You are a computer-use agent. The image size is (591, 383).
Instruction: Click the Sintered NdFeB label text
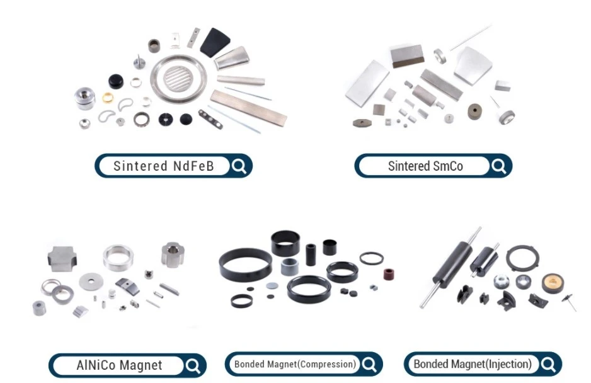164,166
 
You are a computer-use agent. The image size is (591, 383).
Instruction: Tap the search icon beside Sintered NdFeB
239,166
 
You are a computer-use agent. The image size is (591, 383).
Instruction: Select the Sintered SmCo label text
425,166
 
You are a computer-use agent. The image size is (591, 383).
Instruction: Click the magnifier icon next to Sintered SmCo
498,166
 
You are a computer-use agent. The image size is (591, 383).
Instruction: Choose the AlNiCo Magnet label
119,365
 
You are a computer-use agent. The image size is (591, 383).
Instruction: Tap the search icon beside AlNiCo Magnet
193,365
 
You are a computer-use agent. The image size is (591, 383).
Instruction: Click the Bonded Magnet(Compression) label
295,364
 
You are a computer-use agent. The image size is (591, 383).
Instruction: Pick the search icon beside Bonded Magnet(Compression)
369,365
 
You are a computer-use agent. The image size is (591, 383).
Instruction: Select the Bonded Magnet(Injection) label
473,364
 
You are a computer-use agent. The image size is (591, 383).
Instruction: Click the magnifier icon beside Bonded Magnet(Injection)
548,365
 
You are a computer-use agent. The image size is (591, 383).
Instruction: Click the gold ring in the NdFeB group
108,98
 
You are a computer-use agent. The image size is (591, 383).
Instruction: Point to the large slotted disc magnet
179,79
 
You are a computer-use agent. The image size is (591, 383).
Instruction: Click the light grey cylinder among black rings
290,266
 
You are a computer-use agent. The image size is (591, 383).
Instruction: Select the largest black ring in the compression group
245,265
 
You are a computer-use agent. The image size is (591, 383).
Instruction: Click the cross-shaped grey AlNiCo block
62,259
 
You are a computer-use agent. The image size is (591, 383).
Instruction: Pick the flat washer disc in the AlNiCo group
91,281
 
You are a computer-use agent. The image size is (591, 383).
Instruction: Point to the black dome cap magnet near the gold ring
116,81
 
